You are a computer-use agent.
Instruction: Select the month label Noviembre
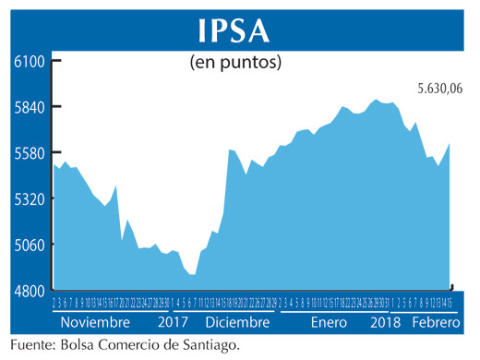(95, 323)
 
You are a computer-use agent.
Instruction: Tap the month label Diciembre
(239, 323)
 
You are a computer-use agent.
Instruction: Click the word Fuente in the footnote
(30, 345)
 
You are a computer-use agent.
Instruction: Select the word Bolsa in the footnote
(80, 345)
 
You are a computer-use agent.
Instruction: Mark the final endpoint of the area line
(450, 143)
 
